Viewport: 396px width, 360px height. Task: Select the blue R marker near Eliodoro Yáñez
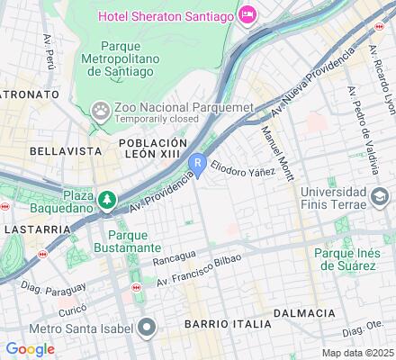click(x=197, y=162)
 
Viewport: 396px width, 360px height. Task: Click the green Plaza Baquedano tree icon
click(x=107, y=198)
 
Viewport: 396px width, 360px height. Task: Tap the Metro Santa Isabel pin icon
click(x=148, y=326)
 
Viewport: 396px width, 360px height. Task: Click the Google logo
click(x=30, y=348)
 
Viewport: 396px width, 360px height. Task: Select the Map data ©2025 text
click(x=358, y=352)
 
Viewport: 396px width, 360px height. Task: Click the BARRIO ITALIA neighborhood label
click(x=226, y=323)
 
